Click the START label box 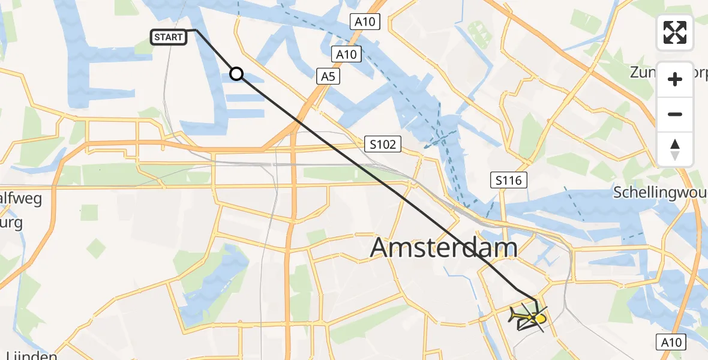click(x=169, y=37)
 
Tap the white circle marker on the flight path click(x=236, y=74)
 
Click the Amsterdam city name click(x=443, y=247)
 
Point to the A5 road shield click(x=327, y=76)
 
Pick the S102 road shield click(x=382, y=144)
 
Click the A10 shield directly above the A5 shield click(x=346, y=55)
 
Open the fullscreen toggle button click(x=675, y=32)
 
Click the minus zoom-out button click(x=675, y=114)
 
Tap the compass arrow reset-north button click(x=675, y=149)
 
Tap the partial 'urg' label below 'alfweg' click(x=11, y=223)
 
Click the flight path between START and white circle click(x=216, y=52)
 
